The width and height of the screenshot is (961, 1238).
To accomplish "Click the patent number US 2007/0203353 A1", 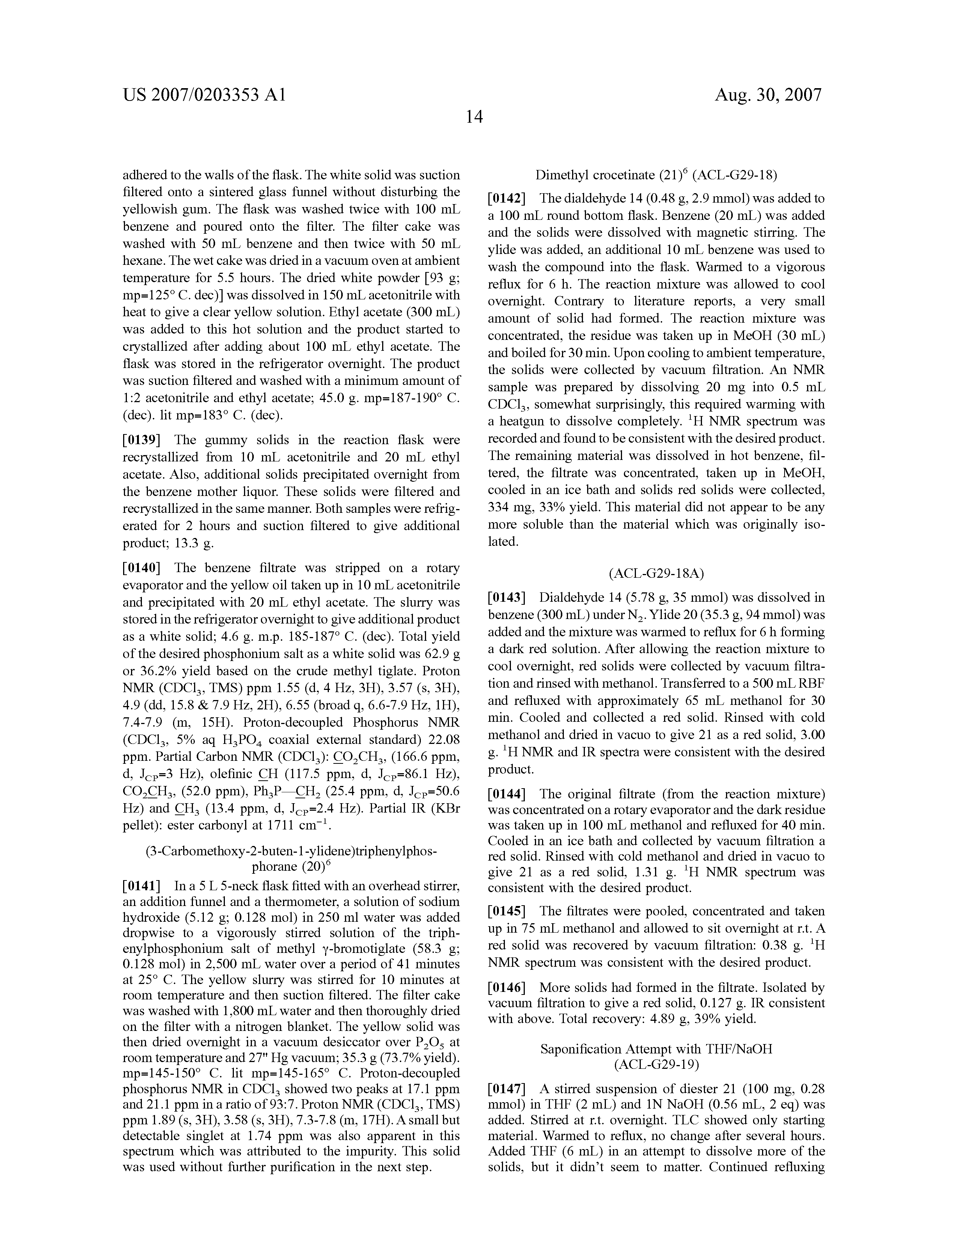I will (204, 95).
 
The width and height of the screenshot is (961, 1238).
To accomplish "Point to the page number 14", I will (474, 117).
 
